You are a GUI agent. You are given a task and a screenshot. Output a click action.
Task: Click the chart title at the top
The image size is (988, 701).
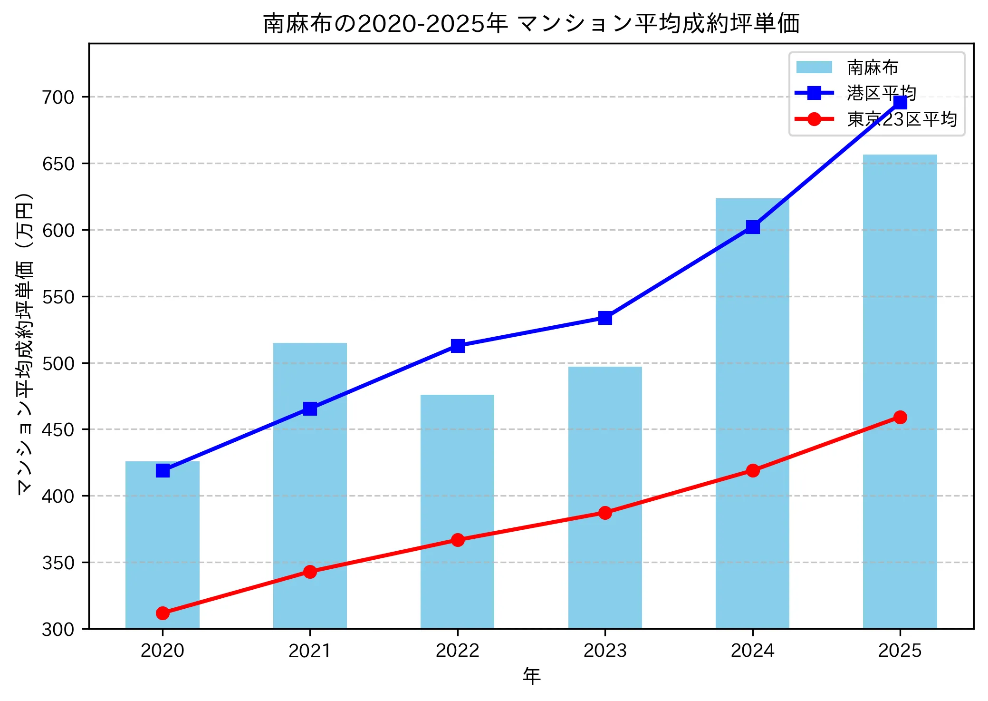[x=531, y=24]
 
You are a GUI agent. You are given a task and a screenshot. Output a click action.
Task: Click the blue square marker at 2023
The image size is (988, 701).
[x=605, y=318]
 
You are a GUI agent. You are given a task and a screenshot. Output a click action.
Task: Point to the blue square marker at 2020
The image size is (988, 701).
[x=163, y=470]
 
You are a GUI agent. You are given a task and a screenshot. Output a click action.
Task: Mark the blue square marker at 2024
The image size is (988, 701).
[x=752, y=227]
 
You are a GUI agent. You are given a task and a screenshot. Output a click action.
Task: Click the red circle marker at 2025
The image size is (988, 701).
[x=900, y=417]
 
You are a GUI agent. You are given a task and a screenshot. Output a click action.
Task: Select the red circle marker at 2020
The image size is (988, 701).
[x=163, y=613]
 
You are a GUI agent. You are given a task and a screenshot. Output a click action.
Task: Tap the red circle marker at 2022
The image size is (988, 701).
[x=457, y=540]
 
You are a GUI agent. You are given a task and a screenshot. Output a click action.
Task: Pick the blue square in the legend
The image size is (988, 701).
[x=814, y=93]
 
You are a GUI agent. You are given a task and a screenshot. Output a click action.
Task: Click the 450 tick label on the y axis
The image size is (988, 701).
[x=58, y=430]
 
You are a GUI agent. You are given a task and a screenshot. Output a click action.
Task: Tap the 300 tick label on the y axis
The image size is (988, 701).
[x=58, y=630]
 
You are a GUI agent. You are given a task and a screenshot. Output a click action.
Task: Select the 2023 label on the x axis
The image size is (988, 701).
[x=605, y=651]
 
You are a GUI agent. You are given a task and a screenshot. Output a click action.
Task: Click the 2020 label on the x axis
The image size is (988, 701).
[x=163, y=651]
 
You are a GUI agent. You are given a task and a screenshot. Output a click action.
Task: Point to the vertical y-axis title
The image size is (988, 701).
[x=25, y=343]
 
